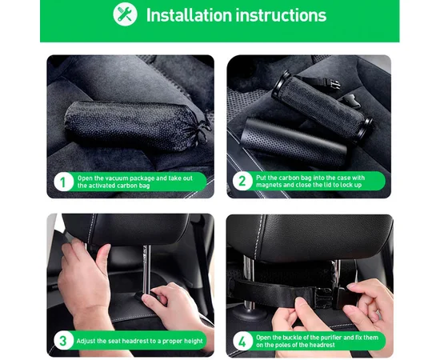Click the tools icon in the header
point(125,14)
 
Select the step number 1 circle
point(63,182)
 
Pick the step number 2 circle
point(242,181)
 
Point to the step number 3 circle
point(63,341)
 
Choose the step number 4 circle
point(242,341)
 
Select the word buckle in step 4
point(292,338)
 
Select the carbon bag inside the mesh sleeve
point(322,107)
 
